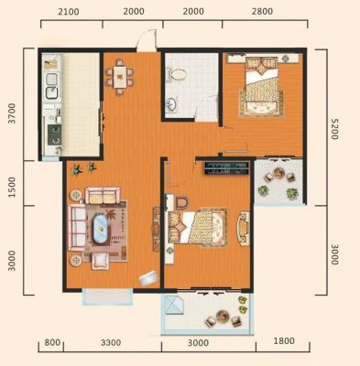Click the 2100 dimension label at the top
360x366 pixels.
(x=69, y=12)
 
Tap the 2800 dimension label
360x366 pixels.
(x=262, y=11)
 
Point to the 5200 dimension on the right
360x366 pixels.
(x=335, y=129)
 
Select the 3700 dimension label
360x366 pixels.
(x=12, y=113)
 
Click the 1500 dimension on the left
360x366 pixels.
(x=12, y=187)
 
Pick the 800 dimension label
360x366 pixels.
(x=52, y=342)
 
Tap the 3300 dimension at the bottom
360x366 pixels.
(x=111, y=342)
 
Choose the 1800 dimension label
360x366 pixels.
(x=284, y=340)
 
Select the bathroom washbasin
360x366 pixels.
(x=171, y=104)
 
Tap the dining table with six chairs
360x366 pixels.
(x=119, y=77)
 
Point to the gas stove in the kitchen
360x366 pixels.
(x=55, y=135)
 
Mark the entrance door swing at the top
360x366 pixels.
(x=147, y=40)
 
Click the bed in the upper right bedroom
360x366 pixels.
(x=262, y=87)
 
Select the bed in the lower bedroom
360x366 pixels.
(x=198, y=227)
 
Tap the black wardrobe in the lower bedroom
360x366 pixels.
(x=226, y=168)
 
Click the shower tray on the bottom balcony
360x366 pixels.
(x=173, y=306)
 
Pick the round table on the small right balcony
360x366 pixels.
(x=278, y=173)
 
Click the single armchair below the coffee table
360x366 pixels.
(x=101, y=261)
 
